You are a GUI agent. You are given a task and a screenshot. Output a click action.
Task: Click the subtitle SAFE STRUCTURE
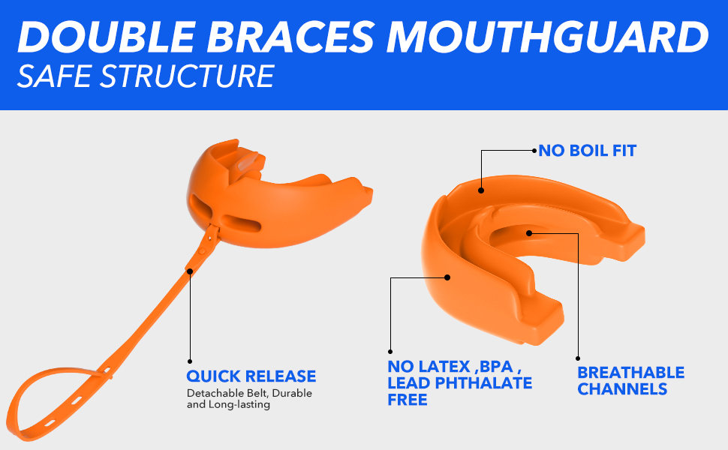pos(146,77)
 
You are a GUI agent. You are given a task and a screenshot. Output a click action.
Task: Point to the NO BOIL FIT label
pos(587,151)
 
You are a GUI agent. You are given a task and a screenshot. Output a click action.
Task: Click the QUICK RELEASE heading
pos(251,376)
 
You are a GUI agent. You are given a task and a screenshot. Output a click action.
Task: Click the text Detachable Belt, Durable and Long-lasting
pos(249,399)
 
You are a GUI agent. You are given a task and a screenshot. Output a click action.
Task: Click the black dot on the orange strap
pos(190,271)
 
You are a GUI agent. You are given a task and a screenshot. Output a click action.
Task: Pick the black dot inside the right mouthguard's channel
pos(529,232)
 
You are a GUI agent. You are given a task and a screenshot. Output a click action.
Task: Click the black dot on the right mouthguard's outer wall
pos(447,277)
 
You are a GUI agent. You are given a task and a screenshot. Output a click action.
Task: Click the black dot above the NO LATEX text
pos(390,350)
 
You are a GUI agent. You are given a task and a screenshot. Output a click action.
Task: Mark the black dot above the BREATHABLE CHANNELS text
pos(578,358)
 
